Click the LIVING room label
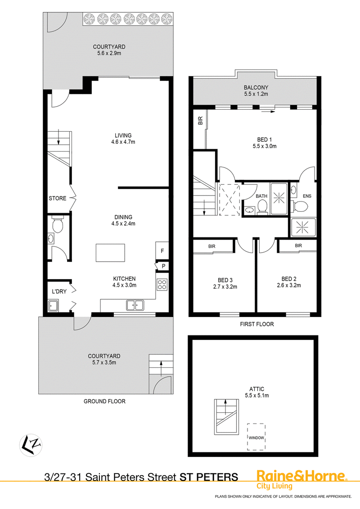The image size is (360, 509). [x=123, y=135]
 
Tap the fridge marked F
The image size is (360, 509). [x=162, y=251]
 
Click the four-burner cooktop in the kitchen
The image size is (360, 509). [x=162, y=285]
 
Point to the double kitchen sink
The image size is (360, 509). [x=135, y=305]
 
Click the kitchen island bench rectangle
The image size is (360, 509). [x=110, y=253]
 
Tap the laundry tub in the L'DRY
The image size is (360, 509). [x=53, y=306]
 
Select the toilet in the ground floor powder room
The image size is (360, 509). [x=58, y=225]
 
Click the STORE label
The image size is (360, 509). [x=58, y=198]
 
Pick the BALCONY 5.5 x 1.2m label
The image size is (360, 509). [x=256, y=90]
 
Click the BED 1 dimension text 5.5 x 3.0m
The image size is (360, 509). [x=265, y=146]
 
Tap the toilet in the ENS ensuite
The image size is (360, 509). [x=300, y=205]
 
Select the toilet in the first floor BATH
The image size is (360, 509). [x=262, y=206]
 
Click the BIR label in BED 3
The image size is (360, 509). [x=212, y=246]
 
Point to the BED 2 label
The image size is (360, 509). [x=289, y=279]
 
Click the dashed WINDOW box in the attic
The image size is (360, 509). [x=256, y=437]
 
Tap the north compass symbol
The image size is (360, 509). [x=31, y=445]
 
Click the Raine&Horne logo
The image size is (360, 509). [x=302, y=479]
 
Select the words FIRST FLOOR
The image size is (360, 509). [x=256, y=324]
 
